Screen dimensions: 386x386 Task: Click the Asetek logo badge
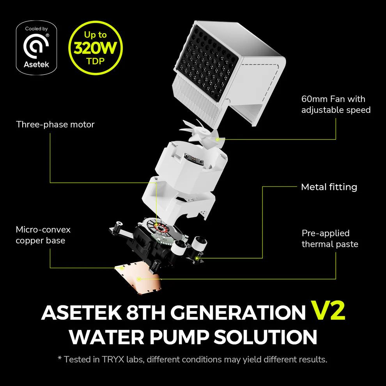tap(36, 48)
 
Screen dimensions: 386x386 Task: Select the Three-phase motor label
tap(55, 124)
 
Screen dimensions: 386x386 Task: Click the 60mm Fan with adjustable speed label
tap(336, 104)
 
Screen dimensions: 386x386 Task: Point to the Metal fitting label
tap(329, 187)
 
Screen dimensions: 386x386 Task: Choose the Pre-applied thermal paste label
tap(329, 239)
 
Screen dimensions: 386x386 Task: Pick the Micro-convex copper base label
tap(43, 235)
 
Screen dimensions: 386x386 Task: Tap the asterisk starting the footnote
tap(60, 358)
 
